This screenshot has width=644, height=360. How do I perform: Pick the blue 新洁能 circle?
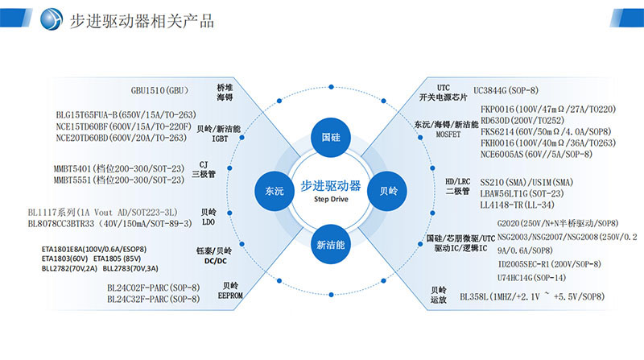pos(330,244)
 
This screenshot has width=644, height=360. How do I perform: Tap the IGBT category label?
pos(220,139)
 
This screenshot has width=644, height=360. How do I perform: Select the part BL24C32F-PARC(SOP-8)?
pos(153,299)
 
